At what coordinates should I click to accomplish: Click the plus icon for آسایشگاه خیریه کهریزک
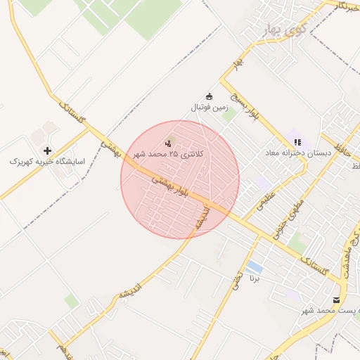(47, 150)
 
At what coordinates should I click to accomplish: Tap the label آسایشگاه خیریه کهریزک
(47, 162)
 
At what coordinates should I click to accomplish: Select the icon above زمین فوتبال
(209, 96)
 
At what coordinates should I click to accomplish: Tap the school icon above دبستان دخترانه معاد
(297, 141)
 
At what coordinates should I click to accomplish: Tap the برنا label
(255, 278)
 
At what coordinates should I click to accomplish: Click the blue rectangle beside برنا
(255, 268)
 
